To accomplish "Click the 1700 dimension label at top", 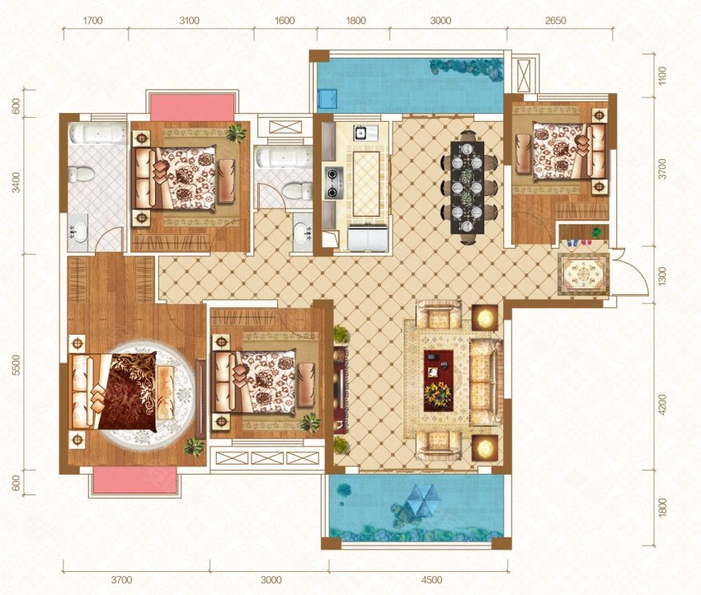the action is tap(92, 21).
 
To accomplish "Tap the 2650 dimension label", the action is tap(556, 21).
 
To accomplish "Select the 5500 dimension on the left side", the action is tap(16, 365).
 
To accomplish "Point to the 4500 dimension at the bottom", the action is tap(431, 580).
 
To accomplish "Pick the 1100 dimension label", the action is tap(662, 75).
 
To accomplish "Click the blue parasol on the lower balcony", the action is tap(421, 499).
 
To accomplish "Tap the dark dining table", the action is tap(467, 187).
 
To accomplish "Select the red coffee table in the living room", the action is tap(438, 380).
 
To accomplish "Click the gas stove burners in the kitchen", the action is tap(333, 183).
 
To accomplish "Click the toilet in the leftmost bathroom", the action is tap(82, 173).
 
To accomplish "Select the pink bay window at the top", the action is tap(192, 107).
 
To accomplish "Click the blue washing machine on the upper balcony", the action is tap(327, 99).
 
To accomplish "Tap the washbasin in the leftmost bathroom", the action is tap(78, 232).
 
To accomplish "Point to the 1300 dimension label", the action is tap(662, 275).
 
